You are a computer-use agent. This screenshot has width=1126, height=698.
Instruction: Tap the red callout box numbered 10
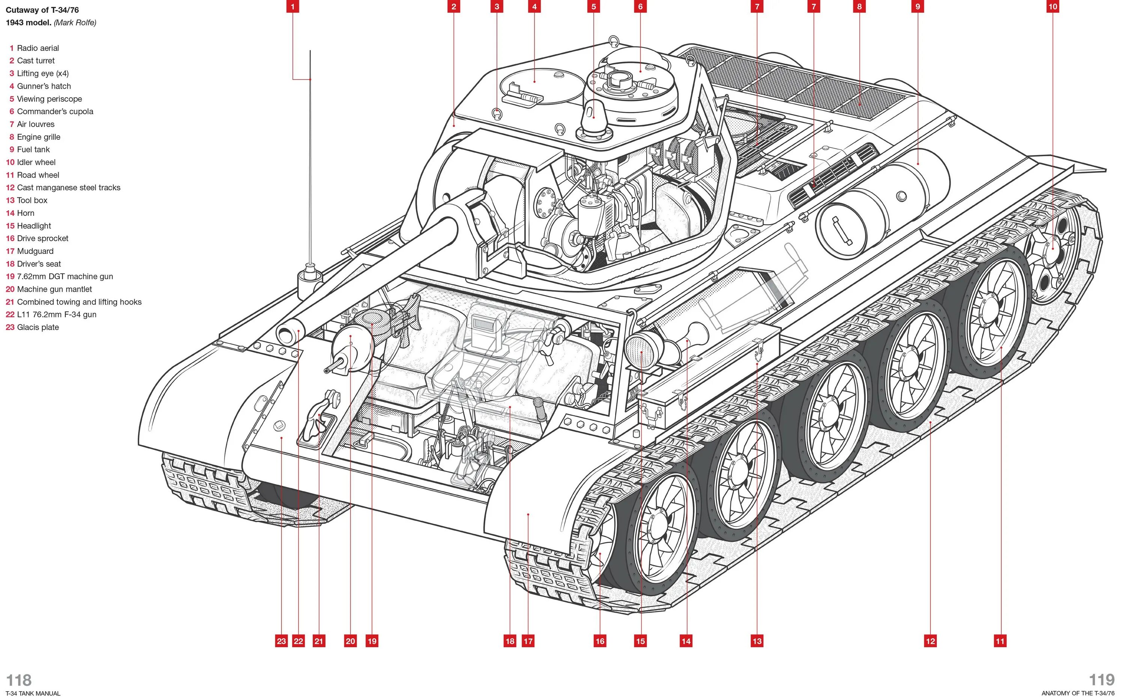tap(1053, 6)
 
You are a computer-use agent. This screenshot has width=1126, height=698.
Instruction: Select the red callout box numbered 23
tap(281, 641)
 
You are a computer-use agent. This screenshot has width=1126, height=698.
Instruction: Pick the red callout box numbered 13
tap(757, 641)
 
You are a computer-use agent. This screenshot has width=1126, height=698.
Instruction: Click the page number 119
tap(1102, 680)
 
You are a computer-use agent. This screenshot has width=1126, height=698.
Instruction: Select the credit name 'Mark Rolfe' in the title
tap(75, 23)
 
